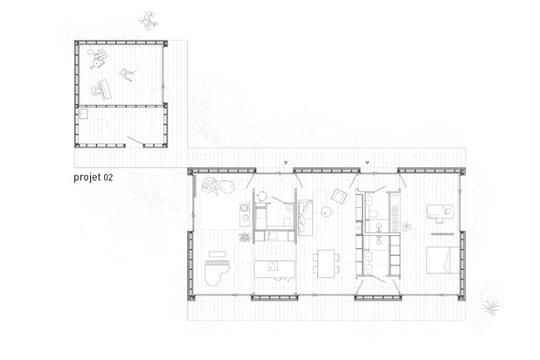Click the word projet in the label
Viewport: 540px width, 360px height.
(x=87, y=177)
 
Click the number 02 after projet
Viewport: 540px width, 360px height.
(x=108, y=177)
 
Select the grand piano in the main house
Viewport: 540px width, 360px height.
(x=217, y=273)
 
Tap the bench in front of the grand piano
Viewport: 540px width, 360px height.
(x=218, y=254)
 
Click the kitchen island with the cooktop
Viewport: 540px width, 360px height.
(x=274, y=269)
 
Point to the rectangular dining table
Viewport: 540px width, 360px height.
(x=326, y=264)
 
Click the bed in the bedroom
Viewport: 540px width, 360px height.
(x=443, y=260)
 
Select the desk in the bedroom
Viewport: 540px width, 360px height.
(x=440, y=211)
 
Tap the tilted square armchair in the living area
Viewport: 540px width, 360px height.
(x=339, y=197)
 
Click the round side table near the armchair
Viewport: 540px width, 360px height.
(x=326, y=211)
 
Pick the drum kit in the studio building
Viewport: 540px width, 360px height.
(x=98, y=59)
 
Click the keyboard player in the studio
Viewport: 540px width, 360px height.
(x=100, y=90)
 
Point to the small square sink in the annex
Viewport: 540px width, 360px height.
(x=84, y=114)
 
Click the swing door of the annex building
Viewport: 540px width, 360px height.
(x=135, y=141)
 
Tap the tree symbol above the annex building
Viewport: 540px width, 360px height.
(x=149, y=20)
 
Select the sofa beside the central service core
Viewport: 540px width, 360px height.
(x=305, y=218)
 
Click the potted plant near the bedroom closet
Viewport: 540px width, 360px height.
(x=406, y=226)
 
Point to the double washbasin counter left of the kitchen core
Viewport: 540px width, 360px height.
(x=245, y=213)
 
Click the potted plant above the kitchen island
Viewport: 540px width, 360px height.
(x=245, y=237)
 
